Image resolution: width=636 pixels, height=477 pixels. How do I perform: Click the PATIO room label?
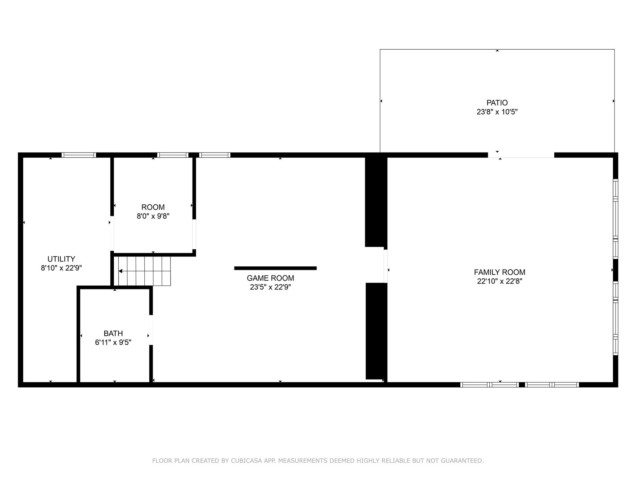pos(497,103)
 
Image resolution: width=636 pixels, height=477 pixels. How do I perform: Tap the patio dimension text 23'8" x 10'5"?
pos(497,112)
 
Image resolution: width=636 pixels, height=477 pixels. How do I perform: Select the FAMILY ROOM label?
pos(499,272)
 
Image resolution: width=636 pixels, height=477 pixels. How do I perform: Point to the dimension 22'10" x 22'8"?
pos(499,281)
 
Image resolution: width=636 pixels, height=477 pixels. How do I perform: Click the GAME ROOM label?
pos(270,278)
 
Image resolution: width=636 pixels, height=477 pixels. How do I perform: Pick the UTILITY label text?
pos(61,259)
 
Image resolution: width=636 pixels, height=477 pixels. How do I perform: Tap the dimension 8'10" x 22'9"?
pos(61,268)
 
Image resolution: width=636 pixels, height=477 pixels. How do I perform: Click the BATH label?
pos(113,334)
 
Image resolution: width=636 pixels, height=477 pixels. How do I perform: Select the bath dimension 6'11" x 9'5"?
pos(113,343)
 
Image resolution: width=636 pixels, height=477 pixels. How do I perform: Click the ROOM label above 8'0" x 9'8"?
pos(153,207)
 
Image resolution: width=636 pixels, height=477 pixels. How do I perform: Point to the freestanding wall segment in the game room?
pos(275,268)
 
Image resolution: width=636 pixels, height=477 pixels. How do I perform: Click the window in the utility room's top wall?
pos(79,155)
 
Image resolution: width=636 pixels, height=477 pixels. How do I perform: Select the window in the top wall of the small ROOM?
pos(173,155)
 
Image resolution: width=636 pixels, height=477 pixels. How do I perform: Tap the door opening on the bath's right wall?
pos(151,330)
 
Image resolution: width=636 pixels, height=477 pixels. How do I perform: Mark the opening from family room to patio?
pos(521,155)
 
